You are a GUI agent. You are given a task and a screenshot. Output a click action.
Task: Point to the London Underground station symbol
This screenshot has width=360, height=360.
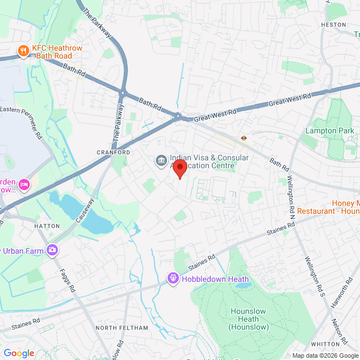coord(244,137)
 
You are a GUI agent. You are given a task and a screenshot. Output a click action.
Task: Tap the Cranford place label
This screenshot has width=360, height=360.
coord(113,152)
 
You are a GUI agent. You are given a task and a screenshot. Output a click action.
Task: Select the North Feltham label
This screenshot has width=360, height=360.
coord(122,328)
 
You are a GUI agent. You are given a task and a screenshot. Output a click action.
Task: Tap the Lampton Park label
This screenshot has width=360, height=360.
coord(330,130)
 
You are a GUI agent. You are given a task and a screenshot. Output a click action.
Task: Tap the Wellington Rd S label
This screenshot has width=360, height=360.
coord(315,277)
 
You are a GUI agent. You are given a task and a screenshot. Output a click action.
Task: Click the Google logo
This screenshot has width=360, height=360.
coord(19,353)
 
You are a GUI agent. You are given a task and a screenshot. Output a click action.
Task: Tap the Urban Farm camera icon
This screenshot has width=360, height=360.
coord(53,249)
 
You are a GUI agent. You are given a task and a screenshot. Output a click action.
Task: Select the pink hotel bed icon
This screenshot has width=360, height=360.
coord(24,184)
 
